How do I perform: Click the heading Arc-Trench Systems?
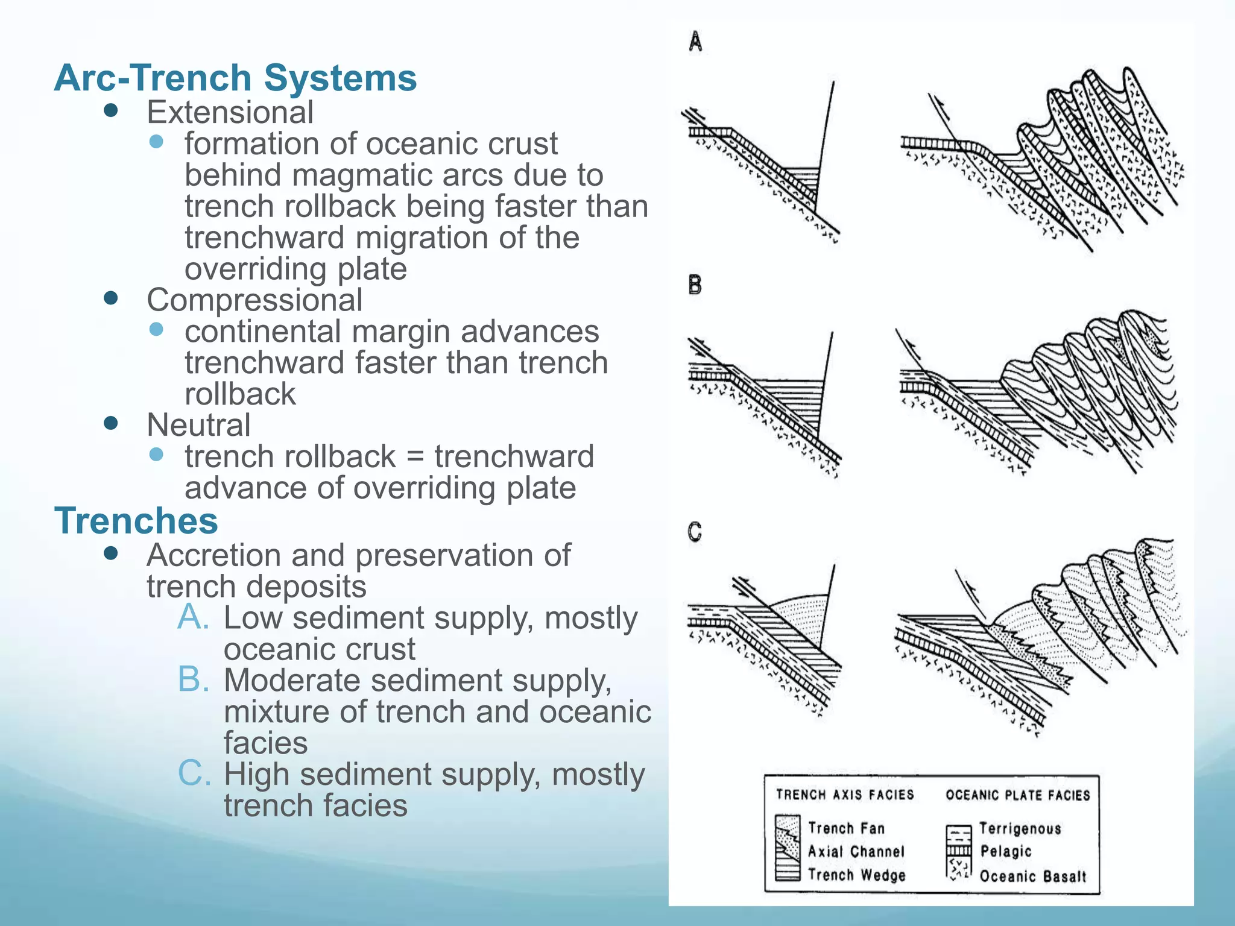pos(235,78)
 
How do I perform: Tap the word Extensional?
pos(230,112)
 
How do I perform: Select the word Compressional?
pos(254,300)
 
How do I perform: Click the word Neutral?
pos(198,425)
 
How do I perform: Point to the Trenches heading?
pos(136,520)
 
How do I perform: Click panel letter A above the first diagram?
pos(695,42)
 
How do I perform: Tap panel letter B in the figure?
pos(695,285)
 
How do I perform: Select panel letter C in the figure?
pos(695,532)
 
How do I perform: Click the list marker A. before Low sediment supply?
pos(194,617)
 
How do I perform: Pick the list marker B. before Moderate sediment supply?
pos(194,680)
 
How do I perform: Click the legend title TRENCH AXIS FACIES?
pos(845,795)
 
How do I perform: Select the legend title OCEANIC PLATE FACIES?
pos(1018,795)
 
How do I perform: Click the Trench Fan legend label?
pos(846,828)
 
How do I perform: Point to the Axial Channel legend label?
pos(856,851)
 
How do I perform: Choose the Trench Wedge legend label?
pos(856,875)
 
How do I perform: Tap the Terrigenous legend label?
pos(1020,828)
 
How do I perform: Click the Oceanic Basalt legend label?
pos(1032,876)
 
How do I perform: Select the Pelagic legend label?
pos(1006,851)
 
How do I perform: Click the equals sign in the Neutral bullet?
pos(415,457)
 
